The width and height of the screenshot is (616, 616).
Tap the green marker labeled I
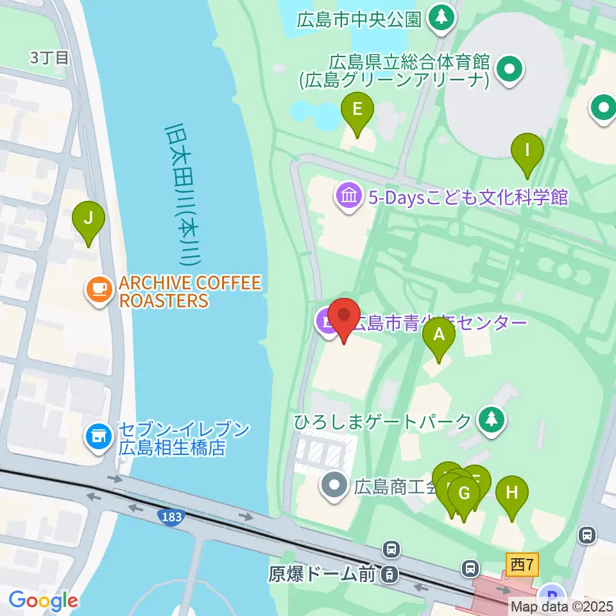click(x=527, y=151)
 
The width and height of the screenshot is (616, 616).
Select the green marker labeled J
click(x=89, y=219)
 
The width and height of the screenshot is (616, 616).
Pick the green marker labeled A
click(x=439, y=334)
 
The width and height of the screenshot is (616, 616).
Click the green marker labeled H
click(x=511, y=493)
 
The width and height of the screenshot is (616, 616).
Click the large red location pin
click(x=345, y=316)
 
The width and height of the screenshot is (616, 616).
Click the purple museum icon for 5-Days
click(x=348, y=195)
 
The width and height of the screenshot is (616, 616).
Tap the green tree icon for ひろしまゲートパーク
click(x=492, y=421)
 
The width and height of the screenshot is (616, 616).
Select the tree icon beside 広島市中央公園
click(x=441, y=17)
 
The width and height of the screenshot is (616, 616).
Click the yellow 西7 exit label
click(x=522, y=565)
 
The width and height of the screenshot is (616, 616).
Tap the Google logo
click(x=43, y=601)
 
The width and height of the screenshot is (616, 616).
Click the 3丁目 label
click(x=49, y=57)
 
